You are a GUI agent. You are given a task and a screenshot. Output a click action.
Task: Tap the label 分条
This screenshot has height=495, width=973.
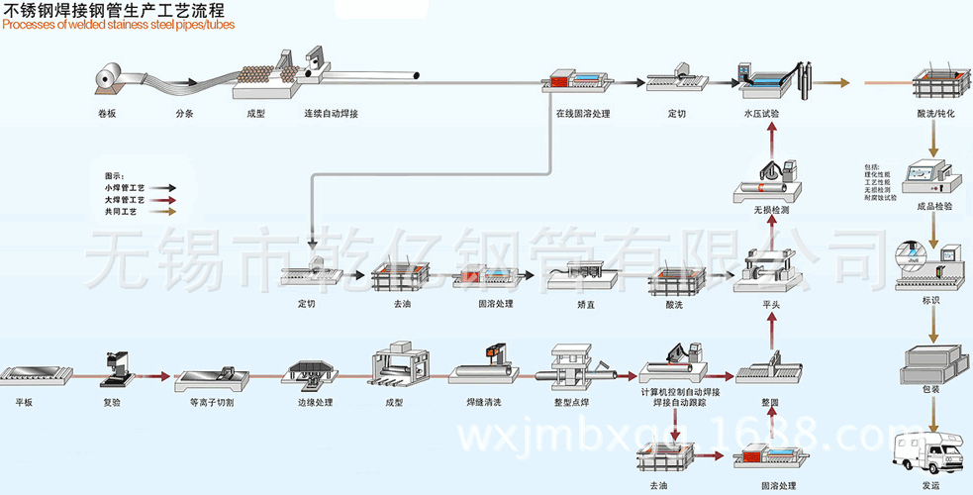(x=185, y=114)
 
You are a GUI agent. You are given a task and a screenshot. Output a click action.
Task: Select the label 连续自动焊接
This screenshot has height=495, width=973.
(x=330, y=114)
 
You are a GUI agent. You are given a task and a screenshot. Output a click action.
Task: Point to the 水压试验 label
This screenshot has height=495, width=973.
(x=761, y=114)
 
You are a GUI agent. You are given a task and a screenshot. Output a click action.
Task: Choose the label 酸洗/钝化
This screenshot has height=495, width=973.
(x=935, y=114)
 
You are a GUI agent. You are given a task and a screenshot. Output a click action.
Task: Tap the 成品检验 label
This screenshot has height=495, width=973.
(x=935, y=206)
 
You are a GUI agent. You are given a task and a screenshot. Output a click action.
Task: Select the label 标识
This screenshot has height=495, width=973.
(x=930, y=300)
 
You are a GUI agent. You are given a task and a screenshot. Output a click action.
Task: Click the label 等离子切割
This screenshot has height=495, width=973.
(x=209, y=403)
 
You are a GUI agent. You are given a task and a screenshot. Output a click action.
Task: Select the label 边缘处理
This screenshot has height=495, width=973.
(x=315, y=403)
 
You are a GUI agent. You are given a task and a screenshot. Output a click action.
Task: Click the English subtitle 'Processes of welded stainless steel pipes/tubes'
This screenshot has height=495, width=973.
(x=119, y=25)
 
